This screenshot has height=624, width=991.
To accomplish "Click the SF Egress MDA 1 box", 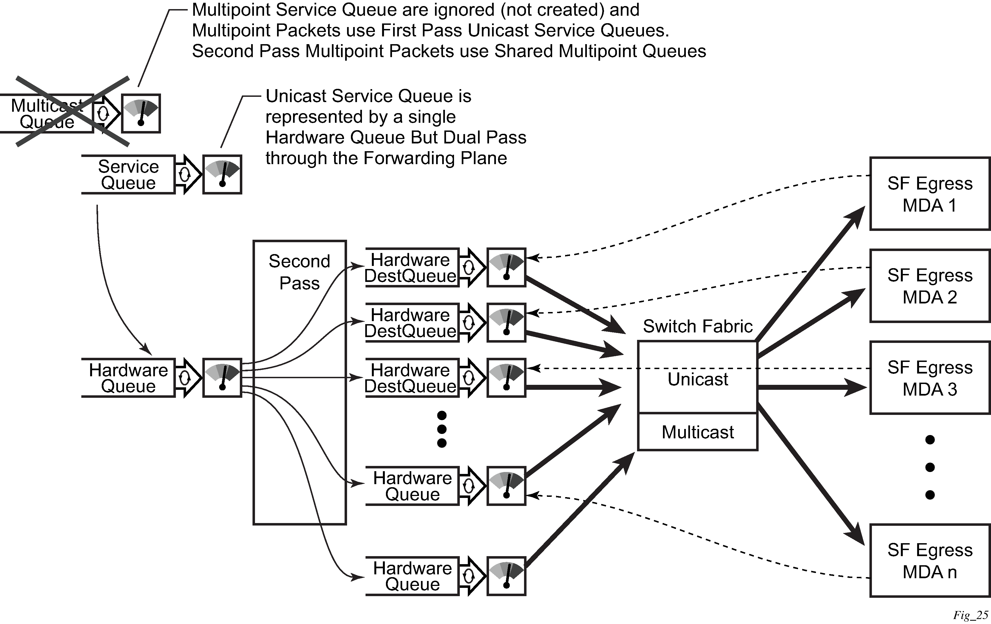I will pos(930,194).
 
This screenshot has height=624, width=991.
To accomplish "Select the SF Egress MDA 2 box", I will pos(930,286).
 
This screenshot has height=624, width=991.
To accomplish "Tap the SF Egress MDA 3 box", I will pos(930,378).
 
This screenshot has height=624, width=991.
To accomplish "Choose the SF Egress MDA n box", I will pos(930,561).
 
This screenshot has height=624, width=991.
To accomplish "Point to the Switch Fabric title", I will pos(698,326).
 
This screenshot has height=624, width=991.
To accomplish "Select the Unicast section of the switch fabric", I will pos(698,379).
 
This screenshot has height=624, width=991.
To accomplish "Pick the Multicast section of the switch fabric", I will pos(698,432).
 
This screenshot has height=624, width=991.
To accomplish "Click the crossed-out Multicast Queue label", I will pos(47,114).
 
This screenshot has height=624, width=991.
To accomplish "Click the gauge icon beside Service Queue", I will pos(222,175).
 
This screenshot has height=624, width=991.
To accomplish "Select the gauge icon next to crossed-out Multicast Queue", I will pos(141,114).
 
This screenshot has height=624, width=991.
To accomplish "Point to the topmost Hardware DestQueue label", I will pos(410,268).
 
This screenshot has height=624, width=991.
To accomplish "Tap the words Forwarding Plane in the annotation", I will pos(435,158).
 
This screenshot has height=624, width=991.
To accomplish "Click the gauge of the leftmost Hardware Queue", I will pos(222,378).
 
